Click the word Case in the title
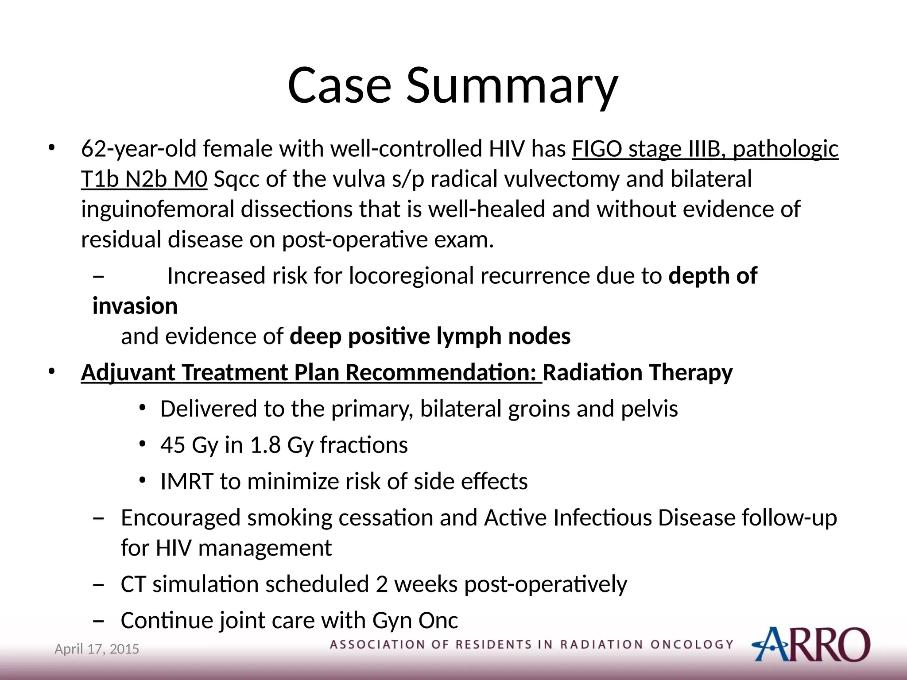[339, 85]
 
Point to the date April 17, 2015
[97, 649]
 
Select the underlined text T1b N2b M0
[144, 179]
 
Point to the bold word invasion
[135, 306]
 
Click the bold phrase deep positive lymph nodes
[430, 336]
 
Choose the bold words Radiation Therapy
[638, 373]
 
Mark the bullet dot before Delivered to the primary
[142, 408]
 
